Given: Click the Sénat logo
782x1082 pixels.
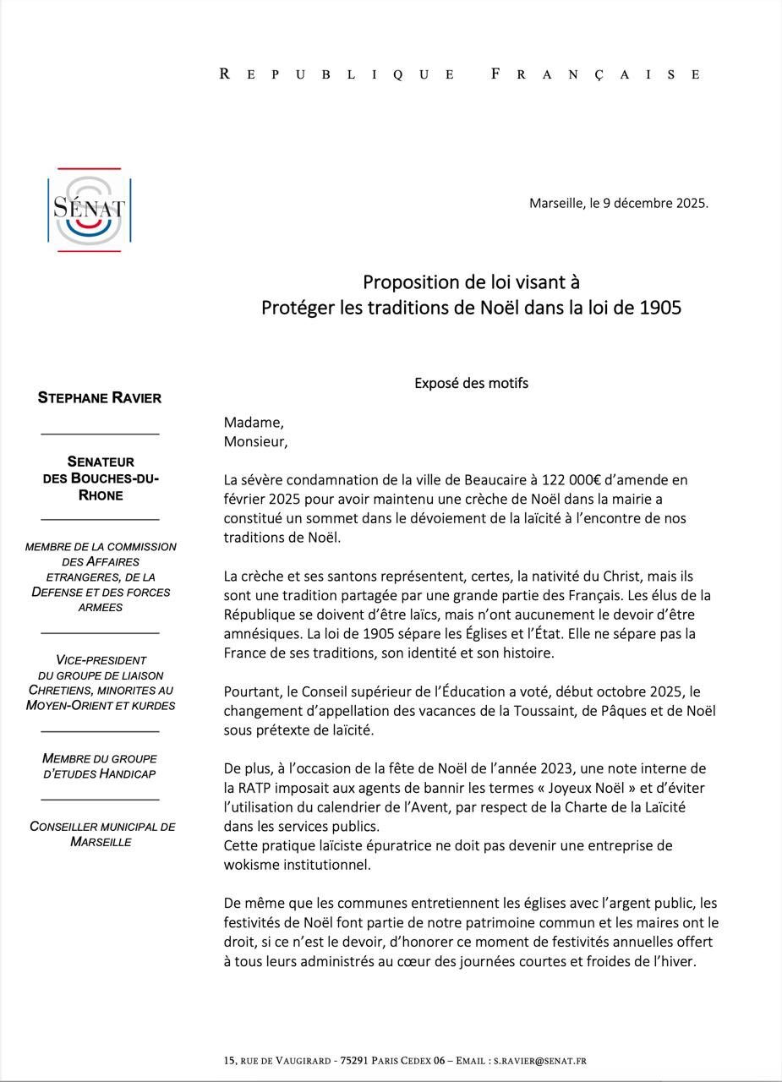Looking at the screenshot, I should [89, 210].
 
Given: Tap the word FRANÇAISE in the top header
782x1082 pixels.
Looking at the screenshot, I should [596, 74].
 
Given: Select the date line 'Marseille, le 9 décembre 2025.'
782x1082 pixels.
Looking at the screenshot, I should [618, 203].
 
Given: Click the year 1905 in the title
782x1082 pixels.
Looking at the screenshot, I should [660, 308].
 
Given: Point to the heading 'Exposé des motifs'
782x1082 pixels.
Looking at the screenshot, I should [471, 383].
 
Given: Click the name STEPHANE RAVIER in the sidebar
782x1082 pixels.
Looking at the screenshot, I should [100, 398].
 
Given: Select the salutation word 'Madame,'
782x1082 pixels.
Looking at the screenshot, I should [254, 423].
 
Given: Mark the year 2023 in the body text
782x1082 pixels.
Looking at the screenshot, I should [579, 768].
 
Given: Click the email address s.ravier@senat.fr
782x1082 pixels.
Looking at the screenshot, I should [540, 1061].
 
